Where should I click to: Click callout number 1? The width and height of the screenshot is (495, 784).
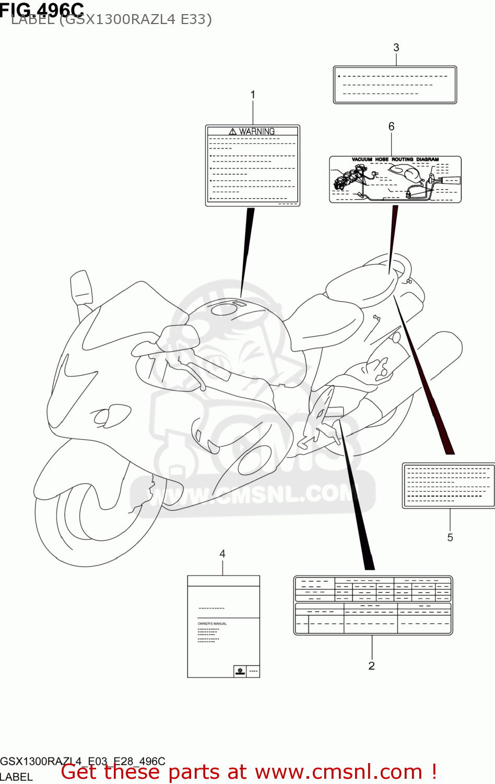253,95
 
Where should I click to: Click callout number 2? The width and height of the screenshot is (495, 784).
371,666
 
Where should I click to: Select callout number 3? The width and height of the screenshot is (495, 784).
396,48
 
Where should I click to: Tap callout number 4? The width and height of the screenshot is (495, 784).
222,554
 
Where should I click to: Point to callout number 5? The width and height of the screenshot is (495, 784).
450,537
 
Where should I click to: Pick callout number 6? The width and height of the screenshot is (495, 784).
392,126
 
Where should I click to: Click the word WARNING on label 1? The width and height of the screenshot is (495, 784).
257,131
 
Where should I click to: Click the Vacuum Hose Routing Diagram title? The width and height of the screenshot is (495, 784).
395,159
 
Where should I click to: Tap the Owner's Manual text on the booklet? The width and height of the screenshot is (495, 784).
212,624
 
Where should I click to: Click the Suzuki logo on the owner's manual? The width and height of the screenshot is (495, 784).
240,671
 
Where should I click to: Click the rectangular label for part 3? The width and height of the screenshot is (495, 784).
395,85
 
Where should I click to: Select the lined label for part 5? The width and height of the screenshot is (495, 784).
448,485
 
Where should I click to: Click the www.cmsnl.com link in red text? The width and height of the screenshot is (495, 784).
338,772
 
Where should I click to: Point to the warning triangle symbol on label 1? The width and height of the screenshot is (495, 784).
233,131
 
